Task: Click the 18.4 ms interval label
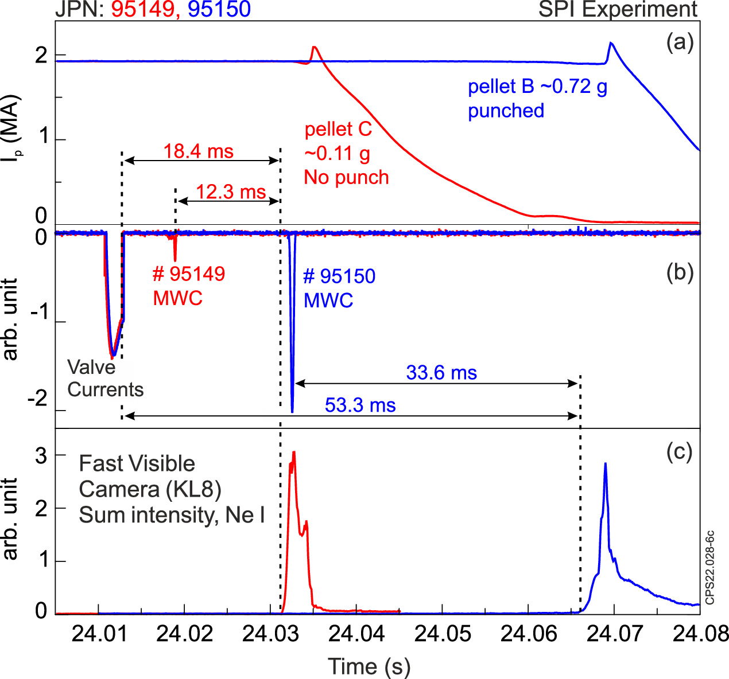[198, 151]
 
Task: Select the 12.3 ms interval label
[231, 192]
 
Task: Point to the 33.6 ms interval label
[441, 373]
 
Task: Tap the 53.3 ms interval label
[360, 405]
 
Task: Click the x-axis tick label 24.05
[442, 634]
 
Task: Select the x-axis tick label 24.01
[99, 634]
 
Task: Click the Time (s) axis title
[369, 666]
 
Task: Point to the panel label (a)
[680, 42]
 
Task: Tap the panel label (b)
[680, 272]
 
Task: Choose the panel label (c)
[680, 452]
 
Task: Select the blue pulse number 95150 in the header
[219, 9]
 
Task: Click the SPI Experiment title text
[618, 9]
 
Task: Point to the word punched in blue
[506, 111]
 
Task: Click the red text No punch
[346, 178]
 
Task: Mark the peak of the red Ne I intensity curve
[294, 452]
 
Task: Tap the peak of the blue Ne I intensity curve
[605, 463]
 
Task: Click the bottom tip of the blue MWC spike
[292, 412]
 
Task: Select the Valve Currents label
[105, 378]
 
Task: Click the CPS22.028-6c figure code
[710, 568]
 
